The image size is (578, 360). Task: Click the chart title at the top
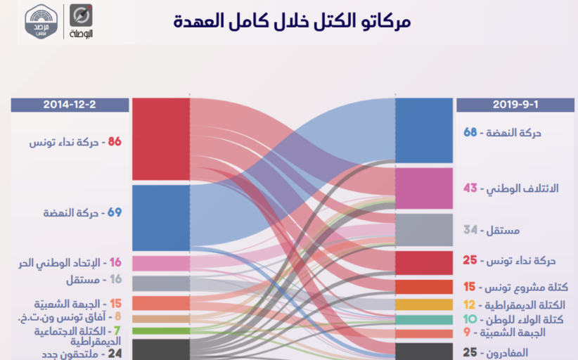292,20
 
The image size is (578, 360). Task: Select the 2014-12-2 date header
70,105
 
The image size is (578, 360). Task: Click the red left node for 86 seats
161,139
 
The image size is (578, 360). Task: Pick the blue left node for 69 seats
161,217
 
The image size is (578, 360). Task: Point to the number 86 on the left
115,142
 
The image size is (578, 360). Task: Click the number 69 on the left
115,212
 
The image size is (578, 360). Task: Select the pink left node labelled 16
161,263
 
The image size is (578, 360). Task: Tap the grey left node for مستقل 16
161,283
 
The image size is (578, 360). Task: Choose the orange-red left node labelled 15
161,303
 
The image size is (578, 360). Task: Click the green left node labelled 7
161,330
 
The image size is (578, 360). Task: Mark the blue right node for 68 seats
423,130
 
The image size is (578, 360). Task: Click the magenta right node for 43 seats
423,188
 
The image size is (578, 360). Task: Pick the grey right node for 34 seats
423,230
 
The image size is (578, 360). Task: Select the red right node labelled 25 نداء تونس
423,262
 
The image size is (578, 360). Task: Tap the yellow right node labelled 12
423,304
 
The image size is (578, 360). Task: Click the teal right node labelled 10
423,320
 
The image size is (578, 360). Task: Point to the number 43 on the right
470,188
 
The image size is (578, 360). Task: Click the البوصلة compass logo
81,21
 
